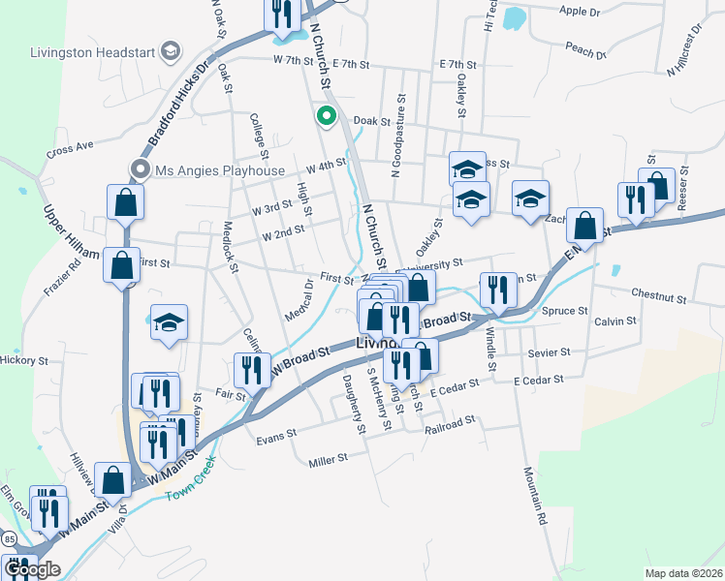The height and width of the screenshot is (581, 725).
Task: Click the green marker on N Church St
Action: [327, 117]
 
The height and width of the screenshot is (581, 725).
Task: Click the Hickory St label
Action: [24, 360]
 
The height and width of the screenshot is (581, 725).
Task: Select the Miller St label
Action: [329, 458]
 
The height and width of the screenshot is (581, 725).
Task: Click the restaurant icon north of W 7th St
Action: [279, 14]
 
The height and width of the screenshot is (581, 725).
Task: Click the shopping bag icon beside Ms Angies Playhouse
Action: [126, 202]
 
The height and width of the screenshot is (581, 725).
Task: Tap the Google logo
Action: [32, 568]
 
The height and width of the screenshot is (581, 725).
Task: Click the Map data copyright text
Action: [682, 573]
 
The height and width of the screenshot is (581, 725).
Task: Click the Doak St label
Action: [370, 122]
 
